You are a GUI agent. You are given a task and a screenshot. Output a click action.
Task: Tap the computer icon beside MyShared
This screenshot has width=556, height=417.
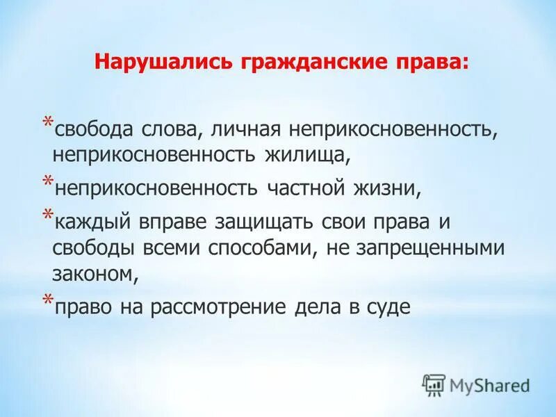(x=434, y=384)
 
